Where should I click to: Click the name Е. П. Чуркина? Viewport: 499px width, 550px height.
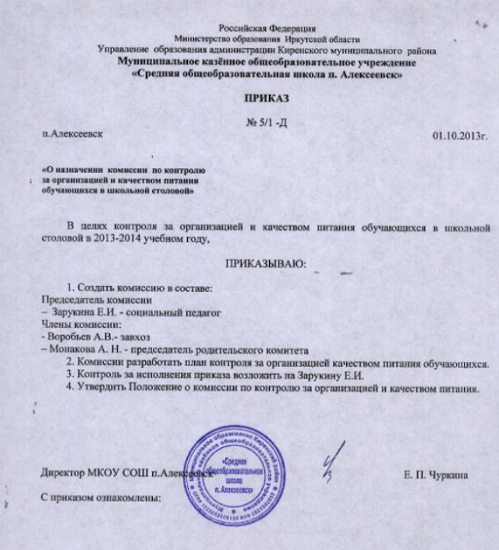click(x=436, y=475)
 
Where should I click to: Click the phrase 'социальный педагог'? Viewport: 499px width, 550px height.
click(x=179, y=312)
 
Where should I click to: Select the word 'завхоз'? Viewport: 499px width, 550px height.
click(x=132, y=337)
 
